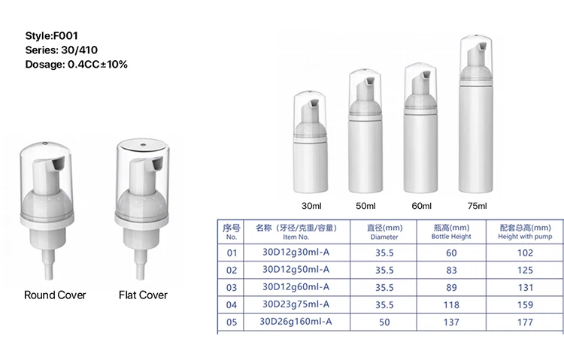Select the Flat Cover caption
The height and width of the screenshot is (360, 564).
143,295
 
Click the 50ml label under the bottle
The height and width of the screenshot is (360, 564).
365,205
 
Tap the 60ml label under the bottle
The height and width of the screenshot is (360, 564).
421,205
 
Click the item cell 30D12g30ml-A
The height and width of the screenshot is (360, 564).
293,253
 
